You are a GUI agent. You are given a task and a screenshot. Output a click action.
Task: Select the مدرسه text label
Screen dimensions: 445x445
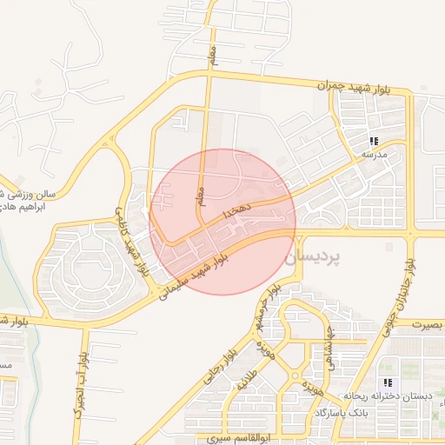(x=373, y=154)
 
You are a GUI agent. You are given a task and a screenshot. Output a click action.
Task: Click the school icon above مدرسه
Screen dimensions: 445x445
(x=373, y=141)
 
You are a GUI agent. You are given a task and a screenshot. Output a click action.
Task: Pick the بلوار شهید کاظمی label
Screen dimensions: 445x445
(x=133, y=244)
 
